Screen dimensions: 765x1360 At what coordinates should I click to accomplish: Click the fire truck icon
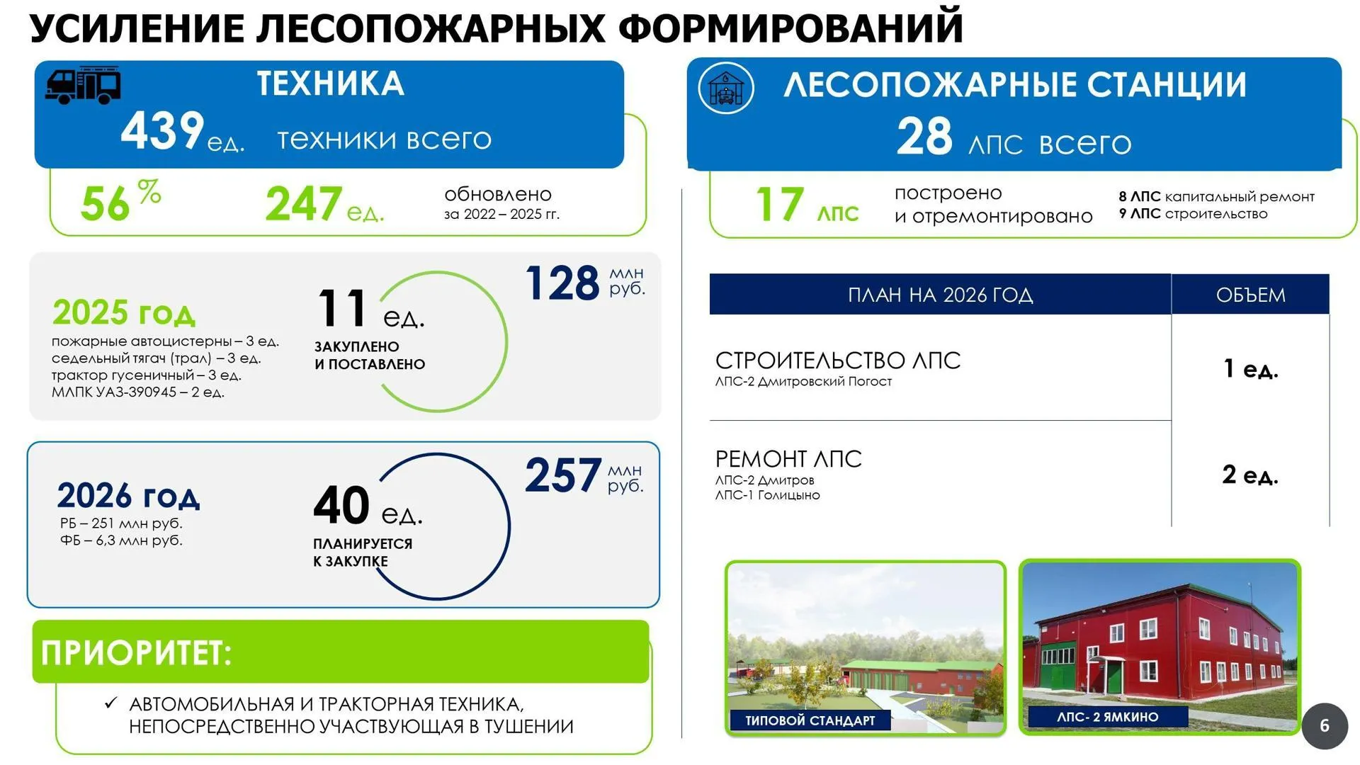pos(83,86)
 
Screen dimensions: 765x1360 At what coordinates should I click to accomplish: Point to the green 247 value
pos(304,204)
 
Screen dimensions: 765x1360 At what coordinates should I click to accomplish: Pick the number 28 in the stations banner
pos(924,137)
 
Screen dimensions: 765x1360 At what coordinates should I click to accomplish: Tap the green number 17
pos(780,205)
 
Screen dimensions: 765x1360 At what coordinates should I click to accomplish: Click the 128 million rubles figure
pos(563,283)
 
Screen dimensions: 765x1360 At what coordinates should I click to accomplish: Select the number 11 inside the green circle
pos(341,309)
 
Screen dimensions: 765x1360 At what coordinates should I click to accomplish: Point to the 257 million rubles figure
pos(563,475)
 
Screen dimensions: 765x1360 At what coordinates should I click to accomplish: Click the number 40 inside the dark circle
pos(341,505)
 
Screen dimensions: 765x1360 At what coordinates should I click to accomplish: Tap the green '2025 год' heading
pos(124,312)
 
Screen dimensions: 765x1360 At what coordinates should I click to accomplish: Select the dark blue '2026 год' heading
pos(128,496)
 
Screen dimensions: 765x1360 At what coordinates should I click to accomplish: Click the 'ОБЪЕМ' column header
pos(1250,295)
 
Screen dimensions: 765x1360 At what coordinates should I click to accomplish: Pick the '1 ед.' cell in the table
pos(1251,368)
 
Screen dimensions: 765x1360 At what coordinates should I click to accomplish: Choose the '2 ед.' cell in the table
pos(1250,475)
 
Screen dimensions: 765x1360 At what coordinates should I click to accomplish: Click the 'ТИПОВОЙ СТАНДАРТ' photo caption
pos(810,720)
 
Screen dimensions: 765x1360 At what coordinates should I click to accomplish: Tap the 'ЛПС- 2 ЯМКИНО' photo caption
pos(1107,717)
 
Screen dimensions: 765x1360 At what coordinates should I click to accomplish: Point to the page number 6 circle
pos(1325,726)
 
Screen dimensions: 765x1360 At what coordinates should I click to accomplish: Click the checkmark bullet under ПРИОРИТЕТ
pos(110,703)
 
